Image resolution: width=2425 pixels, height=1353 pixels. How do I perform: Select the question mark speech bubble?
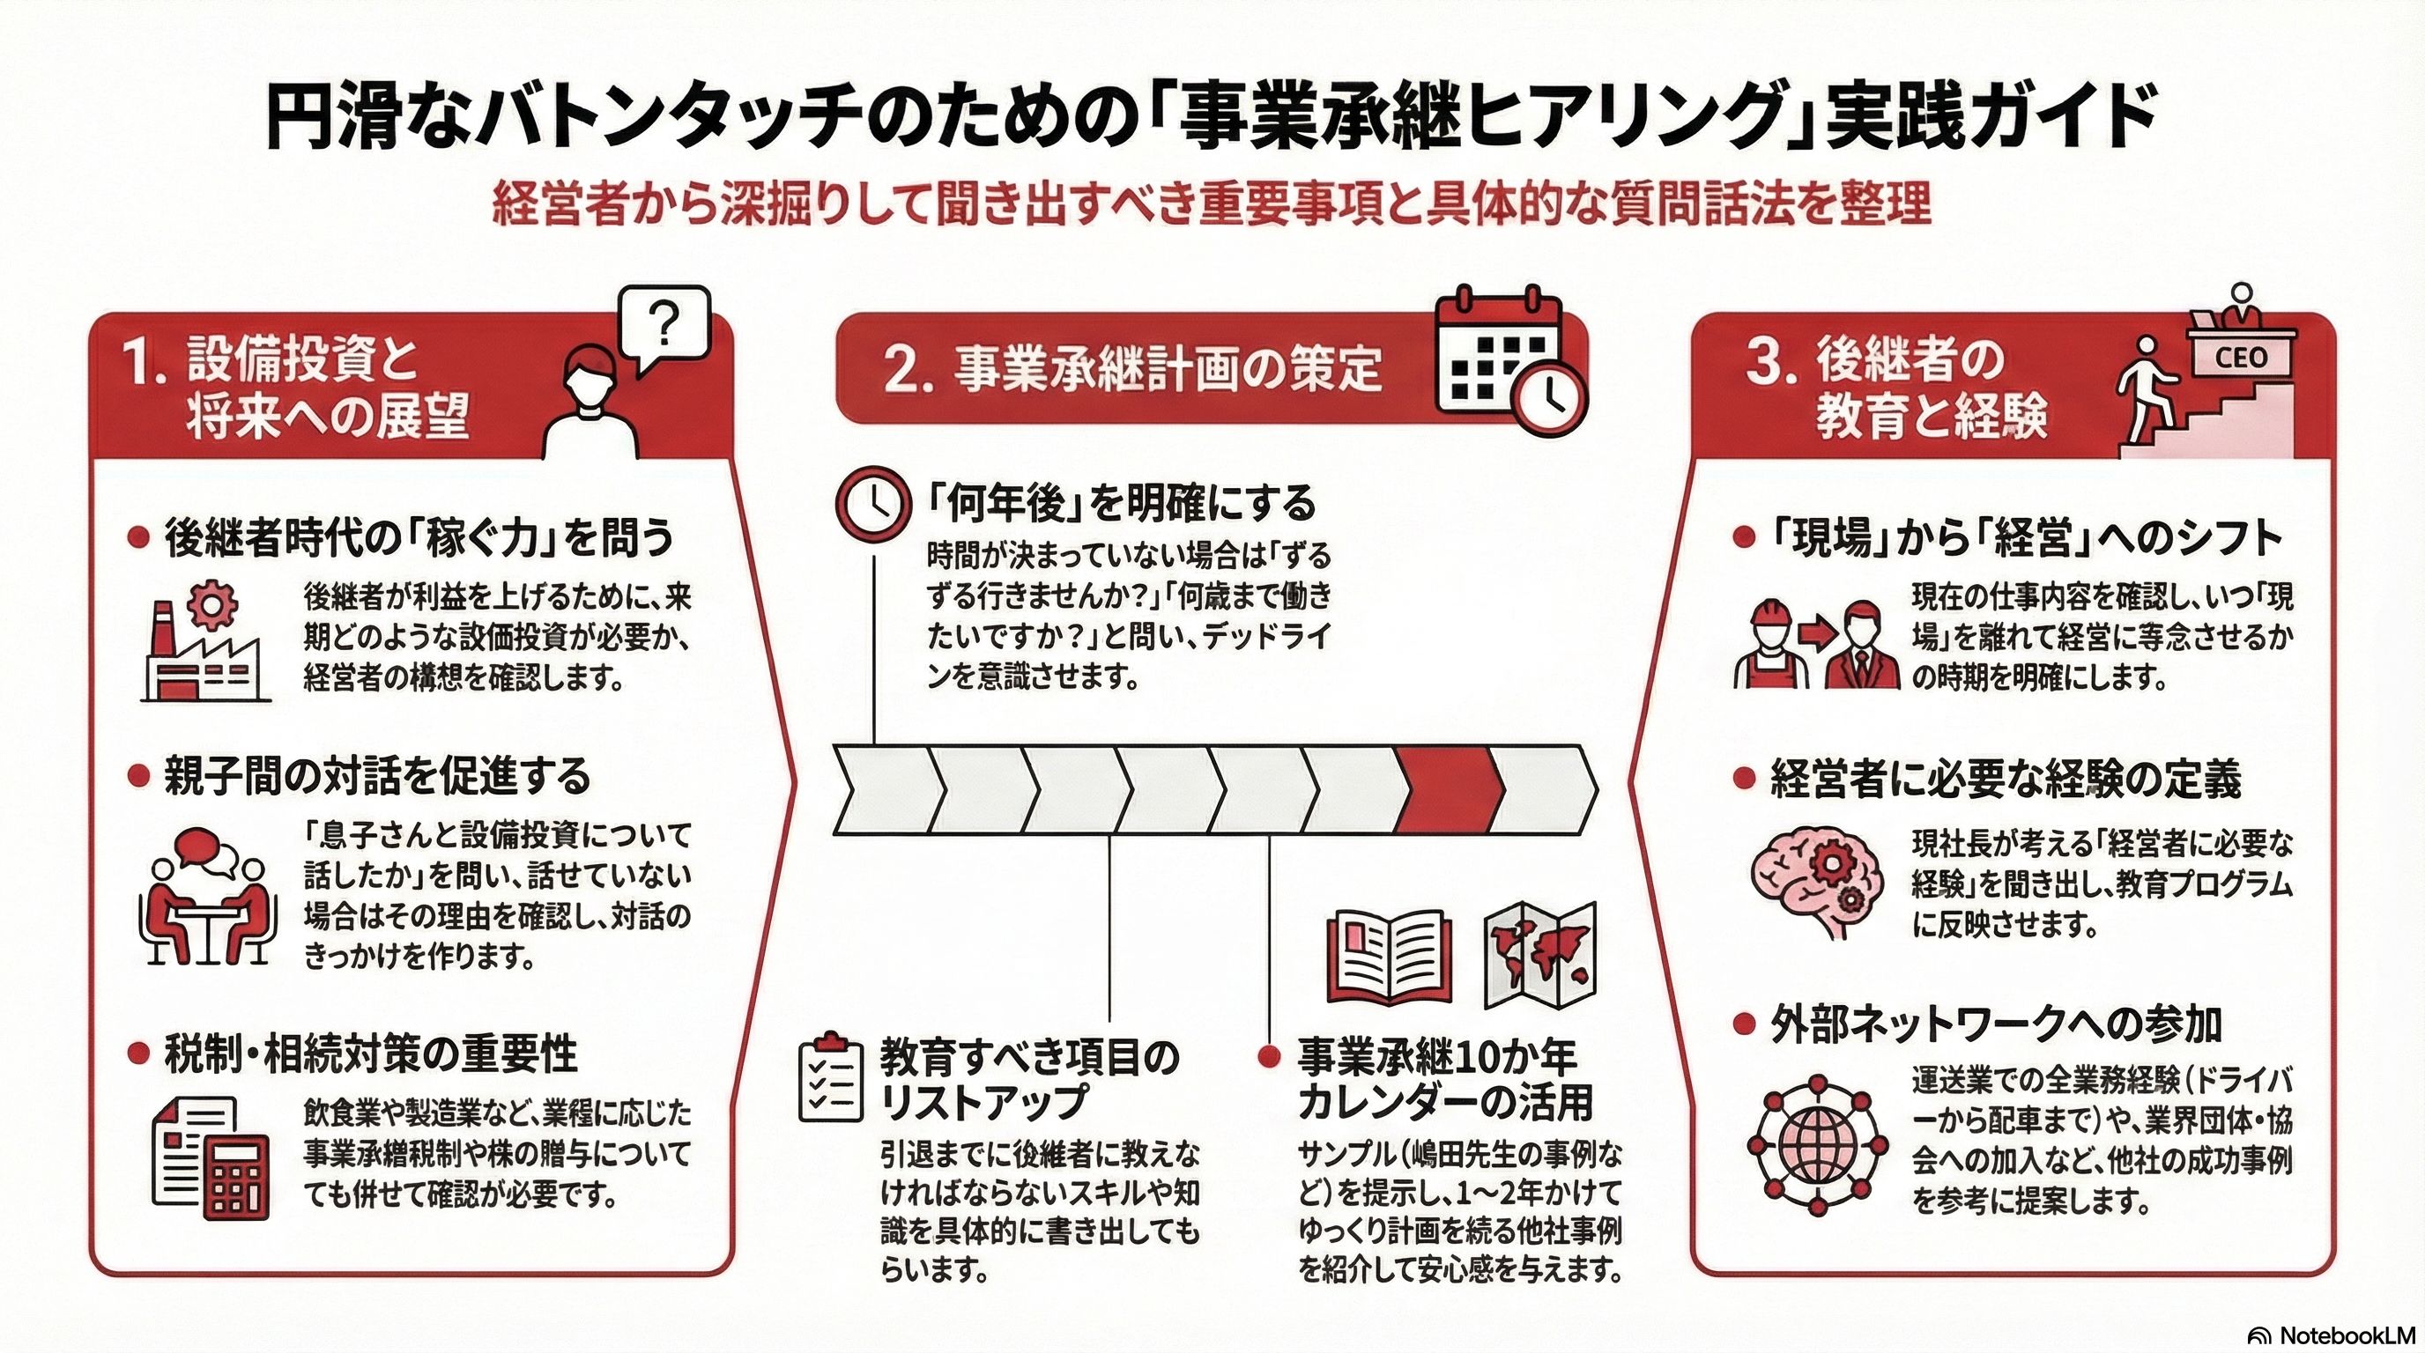pos(664,325)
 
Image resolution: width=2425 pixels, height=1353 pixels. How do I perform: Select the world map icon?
pos(1540,955)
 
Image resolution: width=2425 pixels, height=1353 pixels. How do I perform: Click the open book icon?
pos(1390,957)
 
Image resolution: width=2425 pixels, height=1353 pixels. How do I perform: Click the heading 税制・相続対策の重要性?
pos(370,1054)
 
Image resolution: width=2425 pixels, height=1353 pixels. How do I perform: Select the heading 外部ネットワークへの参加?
pos(1996,1024)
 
